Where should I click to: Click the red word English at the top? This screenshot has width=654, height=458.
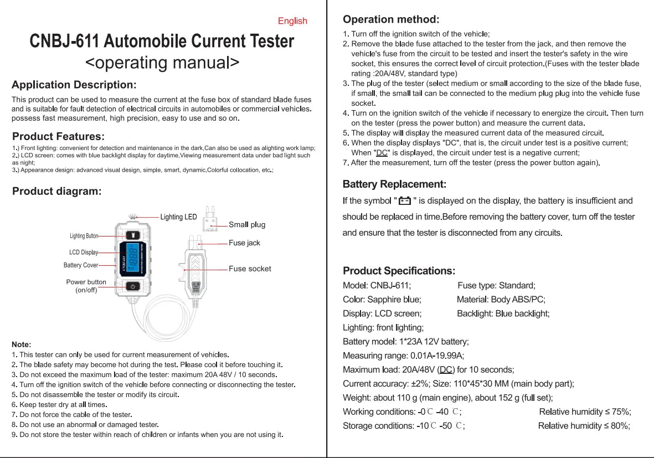292,21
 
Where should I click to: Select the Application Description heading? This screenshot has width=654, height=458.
74,85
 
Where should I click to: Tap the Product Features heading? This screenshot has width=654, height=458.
58,136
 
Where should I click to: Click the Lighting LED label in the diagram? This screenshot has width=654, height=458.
178,217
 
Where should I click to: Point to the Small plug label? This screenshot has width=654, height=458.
247,225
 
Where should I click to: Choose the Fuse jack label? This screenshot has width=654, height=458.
244,243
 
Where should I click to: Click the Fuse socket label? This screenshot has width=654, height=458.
250,269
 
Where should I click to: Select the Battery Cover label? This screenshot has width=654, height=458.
81,265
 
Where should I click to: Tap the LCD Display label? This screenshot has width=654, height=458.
84,253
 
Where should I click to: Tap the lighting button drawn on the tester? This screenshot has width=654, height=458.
132,235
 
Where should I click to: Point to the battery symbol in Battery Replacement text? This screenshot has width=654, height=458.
405,201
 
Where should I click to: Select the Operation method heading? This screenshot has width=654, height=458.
391,19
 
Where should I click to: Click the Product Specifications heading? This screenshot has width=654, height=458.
399,271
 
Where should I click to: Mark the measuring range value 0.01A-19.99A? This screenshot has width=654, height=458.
437,356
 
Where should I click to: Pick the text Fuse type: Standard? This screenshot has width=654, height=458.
496,286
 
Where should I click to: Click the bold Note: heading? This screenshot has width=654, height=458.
22,344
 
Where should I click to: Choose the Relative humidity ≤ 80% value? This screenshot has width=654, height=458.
584,426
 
